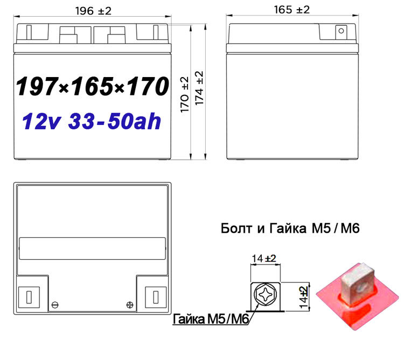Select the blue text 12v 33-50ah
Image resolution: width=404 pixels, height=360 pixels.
92,122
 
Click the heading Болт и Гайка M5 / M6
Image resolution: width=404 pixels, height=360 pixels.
290,229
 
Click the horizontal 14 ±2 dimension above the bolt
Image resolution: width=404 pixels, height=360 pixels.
263,258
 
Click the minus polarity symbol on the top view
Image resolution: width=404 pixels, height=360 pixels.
53,305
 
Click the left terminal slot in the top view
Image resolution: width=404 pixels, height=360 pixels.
28,296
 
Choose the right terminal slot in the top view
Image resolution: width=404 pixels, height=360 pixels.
155,296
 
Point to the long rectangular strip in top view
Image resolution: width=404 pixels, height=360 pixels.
92,250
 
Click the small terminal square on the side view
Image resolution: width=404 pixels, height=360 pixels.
340,31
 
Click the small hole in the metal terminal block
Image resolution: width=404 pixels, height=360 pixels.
355,269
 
